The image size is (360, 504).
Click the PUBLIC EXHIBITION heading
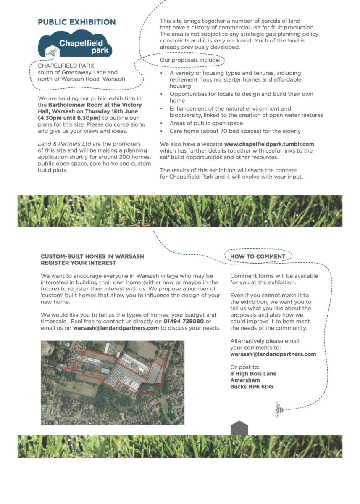pos(76,22)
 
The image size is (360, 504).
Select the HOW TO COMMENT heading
pos(258,256)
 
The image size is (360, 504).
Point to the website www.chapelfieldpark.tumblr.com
pos(269,144)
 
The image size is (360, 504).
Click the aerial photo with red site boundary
pos(112,382)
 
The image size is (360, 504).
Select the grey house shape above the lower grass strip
pos(239,428)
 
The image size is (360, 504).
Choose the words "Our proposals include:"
pos(190,61)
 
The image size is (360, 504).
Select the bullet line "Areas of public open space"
pos(206,123)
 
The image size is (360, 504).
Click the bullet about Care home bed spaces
pos(235,131)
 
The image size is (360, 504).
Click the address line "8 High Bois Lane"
pos(253,374)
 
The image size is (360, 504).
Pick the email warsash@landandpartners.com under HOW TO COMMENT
pos(273,354)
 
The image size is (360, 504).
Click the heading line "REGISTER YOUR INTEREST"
pos(78,263)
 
